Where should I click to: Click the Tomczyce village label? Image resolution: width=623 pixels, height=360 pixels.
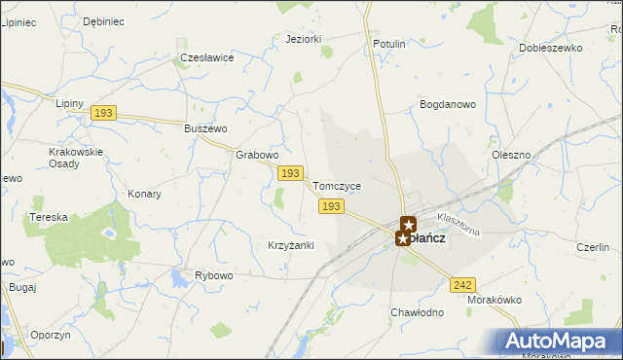337,186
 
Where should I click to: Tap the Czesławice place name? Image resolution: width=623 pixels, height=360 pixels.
207,57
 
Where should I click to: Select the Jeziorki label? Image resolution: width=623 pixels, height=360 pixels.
304,39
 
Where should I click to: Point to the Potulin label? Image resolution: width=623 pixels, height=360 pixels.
389,45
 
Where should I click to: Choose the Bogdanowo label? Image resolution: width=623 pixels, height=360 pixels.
447,103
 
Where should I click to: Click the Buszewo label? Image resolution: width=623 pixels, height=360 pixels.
205,128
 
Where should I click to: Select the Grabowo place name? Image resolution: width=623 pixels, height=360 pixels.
258,155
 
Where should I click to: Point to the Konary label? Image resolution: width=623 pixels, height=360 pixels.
144,194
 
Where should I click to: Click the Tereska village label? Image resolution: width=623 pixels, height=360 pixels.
48,217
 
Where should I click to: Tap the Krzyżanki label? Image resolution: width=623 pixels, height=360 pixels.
290,245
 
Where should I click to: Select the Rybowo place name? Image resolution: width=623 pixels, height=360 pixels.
214,275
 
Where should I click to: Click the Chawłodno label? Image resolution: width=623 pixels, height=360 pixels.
417,312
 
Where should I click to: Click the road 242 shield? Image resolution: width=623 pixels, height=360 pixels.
463,284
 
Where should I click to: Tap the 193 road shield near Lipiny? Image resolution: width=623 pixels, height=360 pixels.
104,114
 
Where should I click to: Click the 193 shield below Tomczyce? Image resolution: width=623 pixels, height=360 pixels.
331,206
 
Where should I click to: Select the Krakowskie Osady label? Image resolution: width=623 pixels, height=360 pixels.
76,158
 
